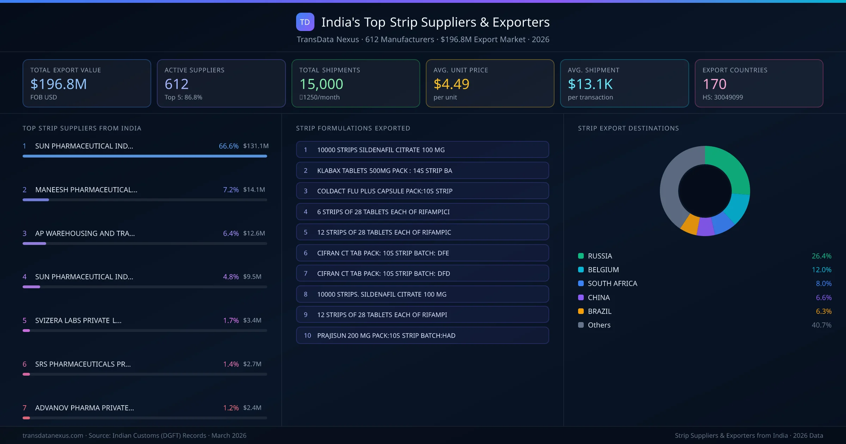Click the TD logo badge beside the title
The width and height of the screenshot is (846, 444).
click(x=305, y=22)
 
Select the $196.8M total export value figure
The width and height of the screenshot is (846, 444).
click(x=59, y=84)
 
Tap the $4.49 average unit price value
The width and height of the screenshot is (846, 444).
click(x=451, y=84)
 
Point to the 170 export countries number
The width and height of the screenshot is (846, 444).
click(x=714, y=84)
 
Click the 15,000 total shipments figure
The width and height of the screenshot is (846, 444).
click(x=321, y=84)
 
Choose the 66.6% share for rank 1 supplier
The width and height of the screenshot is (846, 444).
click(x=228, y=146)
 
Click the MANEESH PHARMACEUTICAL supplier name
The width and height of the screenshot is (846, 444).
click(x=86, y=190)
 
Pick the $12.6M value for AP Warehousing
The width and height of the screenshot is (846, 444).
click(x=254, y=233)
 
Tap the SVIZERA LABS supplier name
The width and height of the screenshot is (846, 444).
click(x=78, y=320)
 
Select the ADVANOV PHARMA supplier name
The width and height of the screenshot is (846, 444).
click(x=84, y=408)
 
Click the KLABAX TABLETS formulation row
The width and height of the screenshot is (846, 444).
click(x=422, y=171)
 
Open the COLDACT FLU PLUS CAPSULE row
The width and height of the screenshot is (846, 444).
click(x=422, y=191)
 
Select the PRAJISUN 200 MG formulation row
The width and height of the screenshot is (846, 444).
click(x=422, y=335)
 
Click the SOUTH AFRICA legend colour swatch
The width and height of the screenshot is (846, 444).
click(x=581, y=283)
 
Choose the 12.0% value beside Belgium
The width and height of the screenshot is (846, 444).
click(x=821, y=270)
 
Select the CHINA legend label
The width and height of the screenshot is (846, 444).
click(x=599, y=297)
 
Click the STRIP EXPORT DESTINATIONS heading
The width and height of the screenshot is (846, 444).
click(x=628, y=128)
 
